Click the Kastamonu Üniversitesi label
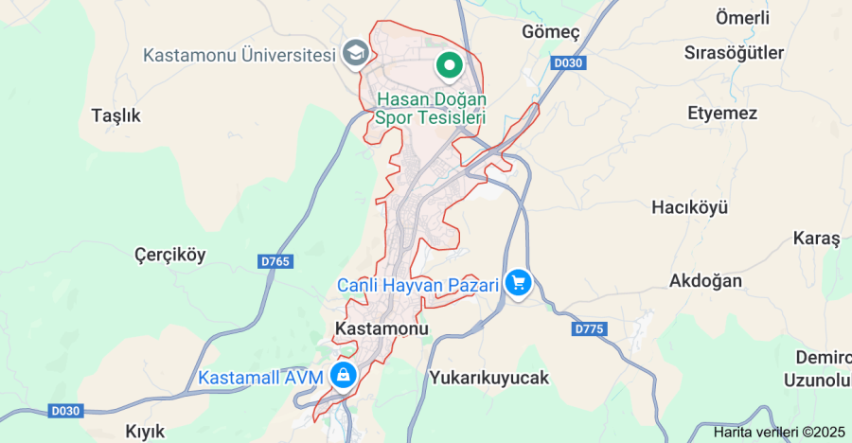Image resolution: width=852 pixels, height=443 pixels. [240, 55]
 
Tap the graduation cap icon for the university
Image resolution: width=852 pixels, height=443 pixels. [356, 53]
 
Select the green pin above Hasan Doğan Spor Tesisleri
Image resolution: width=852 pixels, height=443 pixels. [449, 65]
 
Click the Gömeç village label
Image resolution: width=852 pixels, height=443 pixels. [550, 32]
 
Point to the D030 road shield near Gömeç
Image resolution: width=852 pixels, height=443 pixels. [568, 62]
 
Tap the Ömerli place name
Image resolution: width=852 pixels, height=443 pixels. [742, 18]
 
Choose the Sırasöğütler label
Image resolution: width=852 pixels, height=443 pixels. [734, 53]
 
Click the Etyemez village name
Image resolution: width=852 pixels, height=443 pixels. [722, 114]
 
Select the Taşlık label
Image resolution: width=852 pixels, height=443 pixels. [115, 115]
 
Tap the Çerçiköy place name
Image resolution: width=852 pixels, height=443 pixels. [169, 255]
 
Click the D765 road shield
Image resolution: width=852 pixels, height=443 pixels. [274, 259]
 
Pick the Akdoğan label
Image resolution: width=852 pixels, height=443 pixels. [705, 281]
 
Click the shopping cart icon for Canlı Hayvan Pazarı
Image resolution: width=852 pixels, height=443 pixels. [517, 283]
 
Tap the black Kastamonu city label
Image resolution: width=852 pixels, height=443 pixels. [382, 328]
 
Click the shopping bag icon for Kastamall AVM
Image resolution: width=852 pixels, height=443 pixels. [343, 376]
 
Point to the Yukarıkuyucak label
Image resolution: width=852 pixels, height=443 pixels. [488, 378]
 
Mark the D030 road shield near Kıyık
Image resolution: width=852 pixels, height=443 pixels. [65, 412]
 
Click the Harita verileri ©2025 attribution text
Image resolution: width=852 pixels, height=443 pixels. [778, 432]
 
